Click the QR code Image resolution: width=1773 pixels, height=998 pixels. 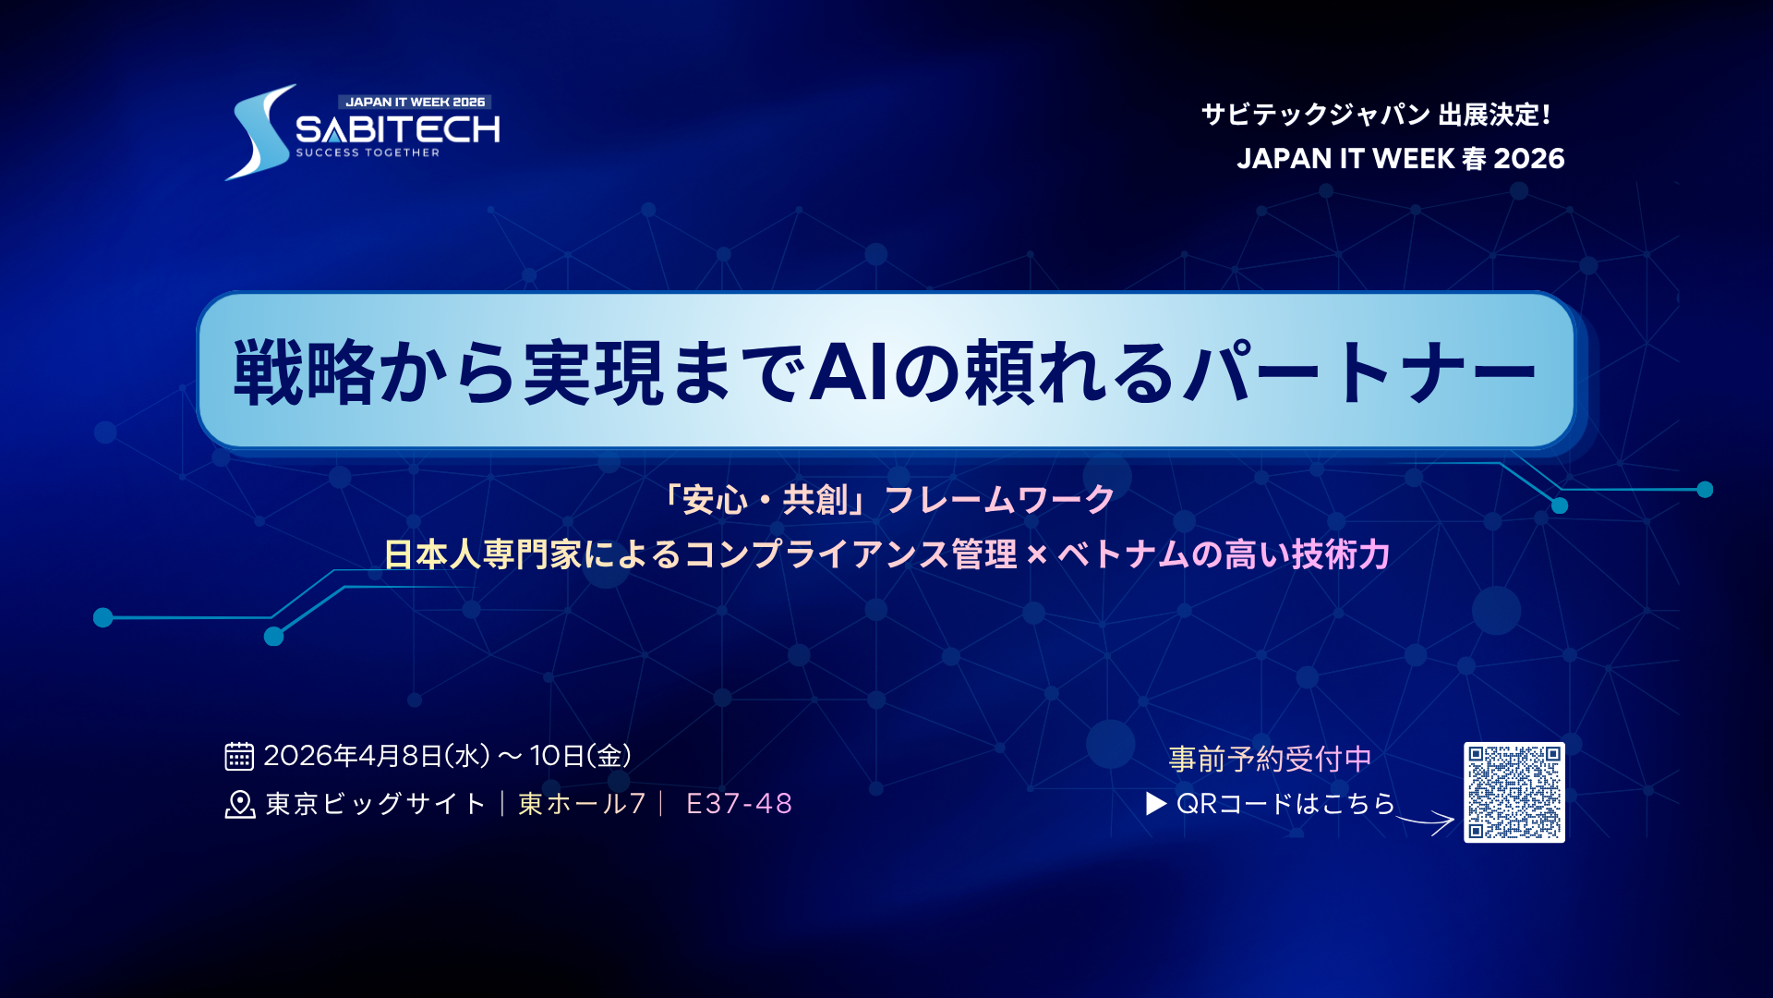click(x=1514, y=792)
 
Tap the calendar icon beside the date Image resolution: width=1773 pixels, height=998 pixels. click(x=239, y=756)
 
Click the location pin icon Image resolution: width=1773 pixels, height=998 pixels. click(x=239, y=805)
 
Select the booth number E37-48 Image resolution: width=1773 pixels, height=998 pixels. click(x=739, y=804)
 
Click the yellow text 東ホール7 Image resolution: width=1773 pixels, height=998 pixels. click(x=582, y=804)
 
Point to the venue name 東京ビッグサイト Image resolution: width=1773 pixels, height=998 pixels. click(x=376, y=804)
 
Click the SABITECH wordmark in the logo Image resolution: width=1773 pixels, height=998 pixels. click(x=397, y=129)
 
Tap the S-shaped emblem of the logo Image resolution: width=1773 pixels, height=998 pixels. click(x=259, y=134)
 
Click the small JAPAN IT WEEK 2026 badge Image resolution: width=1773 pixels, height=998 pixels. click(x=415, y=102)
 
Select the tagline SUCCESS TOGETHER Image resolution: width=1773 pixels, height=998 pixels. click(x=368, y=152)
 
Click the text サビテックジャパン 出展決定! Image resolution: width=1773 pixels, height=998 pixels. click(x=1376, y=115)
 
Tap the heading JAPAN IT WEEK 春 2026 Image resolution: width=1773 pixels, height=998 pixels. click(x=1400, y=159)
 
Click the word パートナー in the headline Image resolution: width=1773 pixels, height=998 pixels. click(x=1362, y=372)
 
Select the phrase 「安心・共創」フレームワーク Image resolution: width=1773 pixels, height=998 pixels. click(x=887, y=500)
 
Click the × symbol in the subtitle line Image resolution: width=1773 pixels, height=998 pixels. click(x=1037, y=555)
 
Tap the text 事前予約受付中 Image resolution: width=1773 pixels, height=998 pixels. click(x=1270, y=759)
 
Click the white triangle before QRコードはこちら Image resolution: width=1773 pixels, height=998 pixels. click(x=1155, y=804)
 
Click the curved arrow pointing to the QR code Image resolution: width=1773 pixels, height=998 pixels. click(x=1427, y=820)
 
